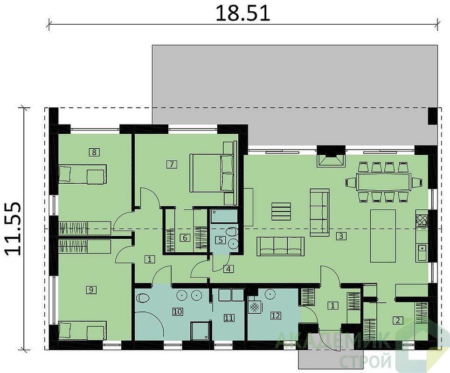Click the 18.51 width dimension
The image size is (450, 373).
pyautogui.click(x=243, y=14)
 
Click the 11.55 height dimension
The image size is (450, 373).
pyautogui.click(x=13, y=229)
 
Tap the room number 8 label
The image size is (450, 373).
pyautogui.click(x=94, y=152)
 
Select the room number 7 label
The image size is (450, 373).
pyautogui.click(x=172, y=165)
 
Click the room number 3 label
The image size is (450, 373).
pyautogui.click(x=341, y=236)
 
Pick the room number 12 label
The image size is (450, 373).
pyautogui.click(x=276, y=316)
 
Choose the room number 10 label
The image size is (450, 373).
pyautogui.click(x=178, y=311)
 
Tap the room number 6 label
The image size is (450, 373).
pyautogui.click(x=185, y=238)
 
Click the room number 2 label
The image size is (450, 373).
pyautogui.click(x=398, y=320)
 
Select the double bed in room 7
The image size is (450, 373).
pyautogui.click(x=212, y=173)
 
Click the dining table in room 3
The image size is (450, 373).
pyautogui.click(x=383, y=182)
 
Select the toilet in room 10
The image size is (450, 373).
pyautogui.click(x=142, y=298)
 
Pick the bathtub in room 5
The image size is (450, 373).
pyautogui.click(x=224, y=216)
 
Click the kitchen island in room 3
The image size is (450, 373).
pyautogui.click(x=383, y=236)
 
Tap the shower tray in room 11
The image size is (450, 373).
pyautogui.click(x=200, y=331)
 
